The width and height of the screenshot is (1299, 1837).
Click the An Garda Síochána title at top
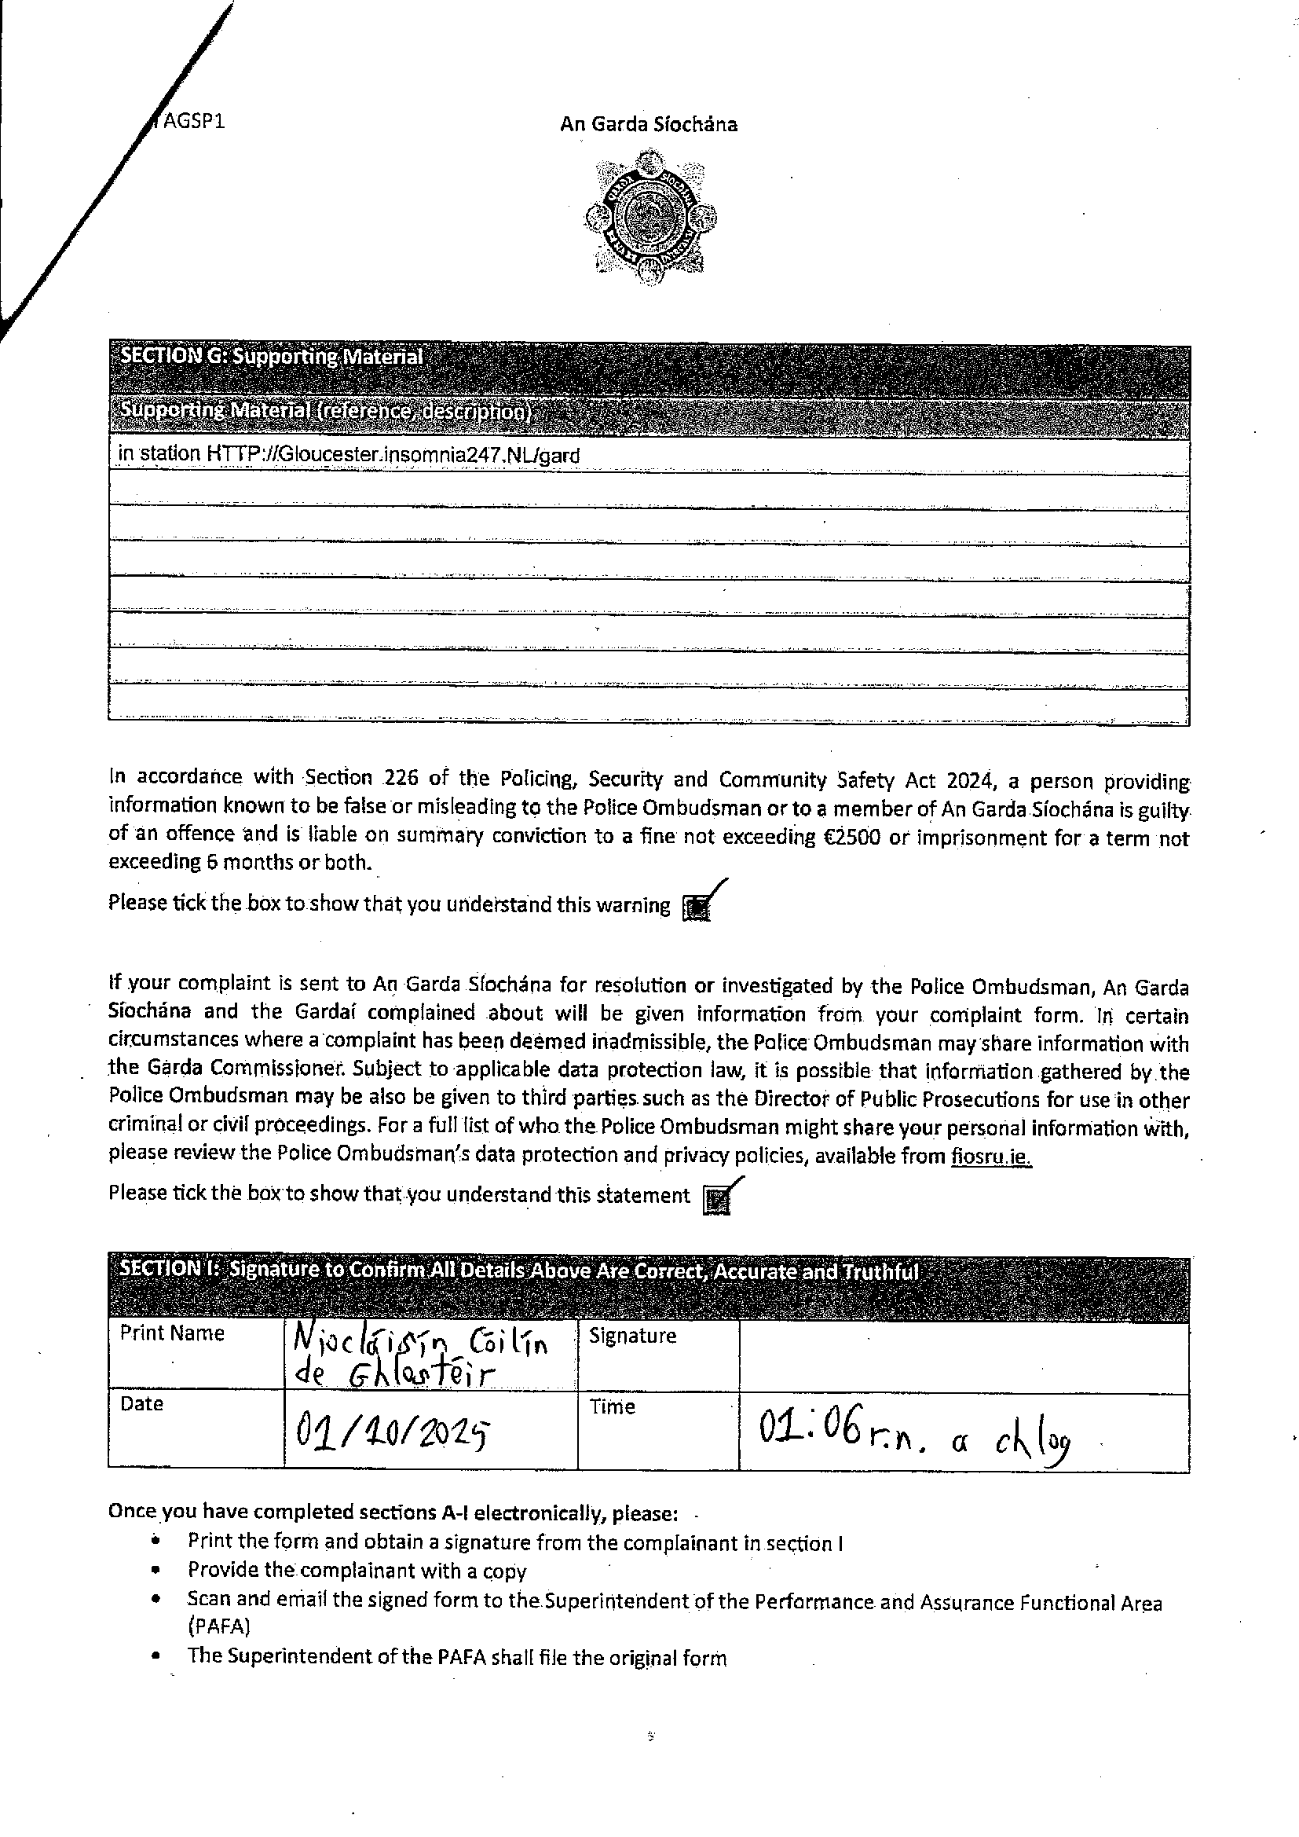[648, 124]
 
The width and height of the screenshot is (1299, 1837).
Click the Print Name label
[172, 1333]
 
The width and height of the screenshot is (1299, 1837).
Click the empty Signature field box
[963, 1356]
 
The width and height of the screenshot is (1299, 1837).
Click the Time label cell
[613, 1407]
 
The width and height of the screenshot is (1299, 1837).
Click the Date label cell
[141, 1404]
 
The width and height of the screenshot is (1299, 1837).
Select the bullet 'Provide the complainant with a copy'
[357, 1570]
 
